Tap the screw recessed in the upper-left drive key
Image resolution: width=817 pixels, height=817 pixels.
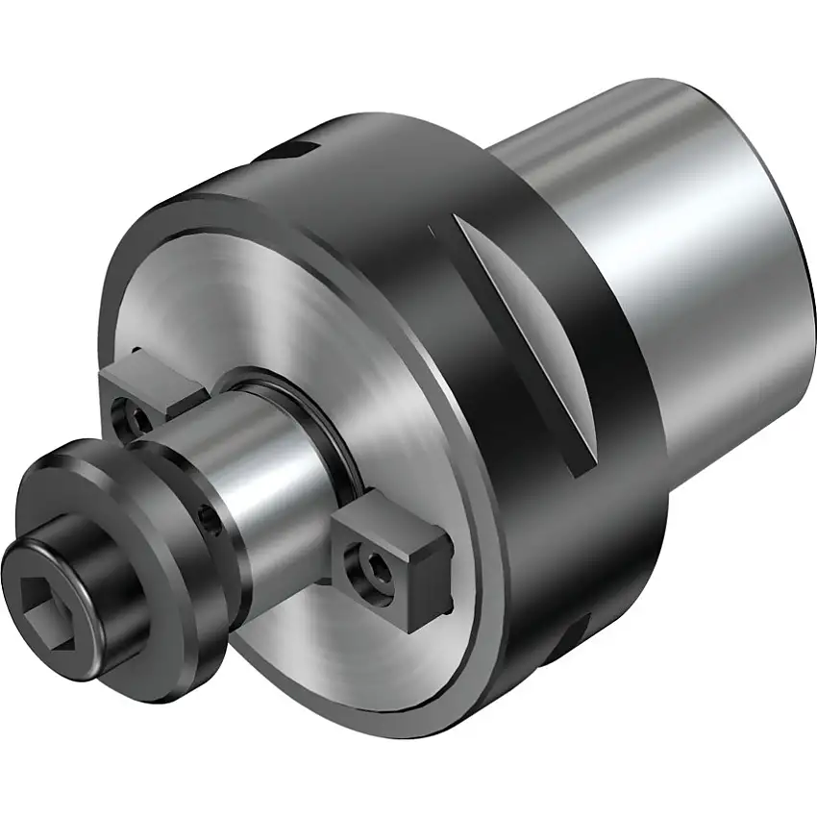pos(128,417)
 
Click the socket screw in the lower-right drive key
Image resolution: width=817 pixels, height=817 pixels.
pos(371,566)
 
